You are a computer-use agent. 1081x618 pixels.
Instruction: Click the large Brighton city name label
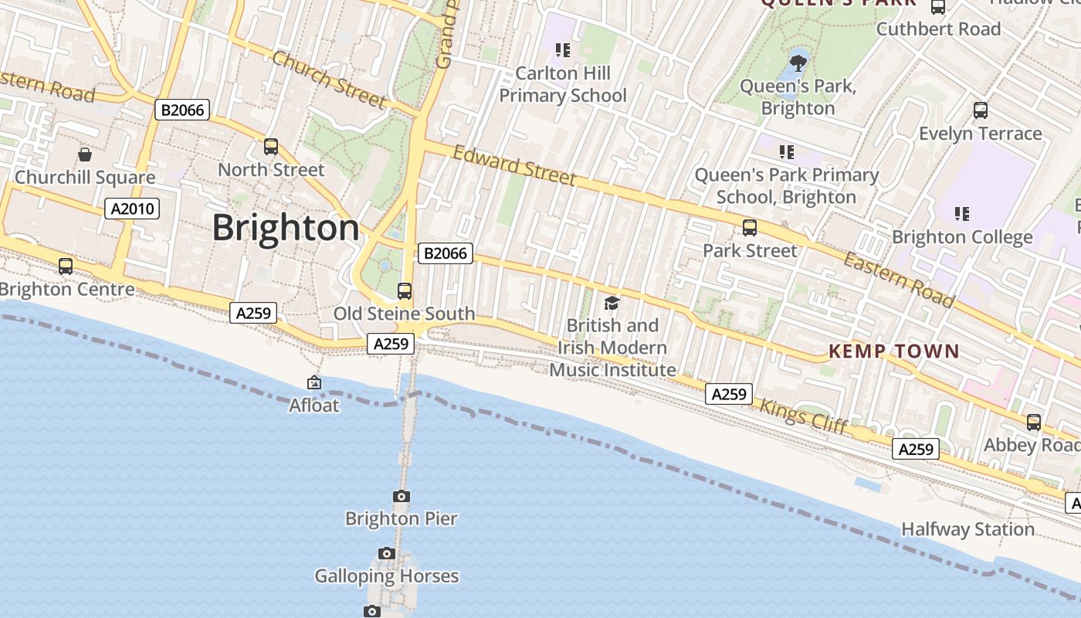pyautogui.click(x=286, y=228)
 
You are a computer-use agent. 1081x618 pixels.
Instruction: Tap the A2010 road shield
pyautogui.click(x=132, y=209)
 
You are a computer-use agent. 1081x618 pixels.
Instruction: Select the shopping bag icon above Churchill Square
pyautogui.click(x=85, y=154)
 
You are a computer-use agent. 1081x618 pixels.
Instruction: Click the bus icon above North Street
pyautogui.click(x=270, y=146)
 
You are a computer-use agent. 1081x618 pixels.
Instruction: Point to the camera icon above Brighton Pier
pyautogui.click(x=401, y=496)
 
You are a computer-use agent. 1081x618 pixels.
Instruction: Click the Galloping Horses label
pyautogui.click(x=386, y=576)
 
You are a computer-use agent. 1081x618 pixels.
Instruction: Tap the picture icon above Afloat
pyautogui.click(x=314, y=382)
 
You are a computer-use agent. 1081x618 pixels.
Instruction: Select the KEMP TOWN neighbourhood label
pyautogui.click(x=893, y=351)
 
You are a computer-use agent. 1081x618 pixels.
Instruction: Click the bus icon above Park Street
pyautogui.click(x=749, y=228)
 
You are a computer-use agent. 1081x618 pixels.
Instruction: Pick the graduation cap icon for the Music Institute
pyautogui.click(x=612, y=303)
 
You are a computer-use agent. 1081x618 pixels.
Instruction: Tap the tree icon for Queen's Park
pyautogui.click(x=798, y=60)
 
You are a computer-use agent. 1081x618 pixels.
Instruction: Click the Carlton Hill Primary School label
pyautogui.click(x=563, y=85)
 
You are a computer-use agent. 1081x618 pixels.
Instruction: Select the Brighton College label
pyautogui.click(x=962, y=237)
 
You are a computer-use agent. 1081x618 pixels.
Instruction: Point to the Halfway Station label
pyautogui.click(x=967, y=530)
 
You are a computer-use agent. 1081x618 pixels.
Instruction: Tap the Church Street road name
pyautogui.click(x=328, y=79)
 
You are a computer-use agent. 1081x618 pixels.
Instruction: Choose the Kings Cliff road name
pyautogui.click(x=803, y=416)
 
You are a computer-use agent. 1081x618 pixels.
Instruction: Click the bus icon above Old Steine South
pyautogui.click(x=404, y=291)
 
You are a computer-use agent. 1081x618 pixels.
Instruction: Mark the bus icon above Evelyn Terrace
pyautogui.click(x=980, y=110)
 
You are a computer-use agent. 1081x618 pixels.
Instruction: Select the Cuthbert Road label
pyautogui.click(x=938, y=29)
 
